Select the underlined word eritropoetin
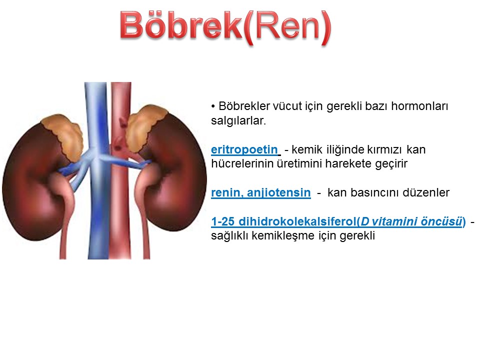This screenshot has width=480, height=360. (x=244, y=149)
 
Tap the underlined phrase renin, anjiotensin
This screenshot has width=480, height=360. (x=261, y=192)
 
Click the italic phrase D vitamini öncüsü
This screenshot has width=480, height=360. (x=411, y=221)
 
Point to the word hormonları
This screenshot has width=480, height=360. (x=419, y=106)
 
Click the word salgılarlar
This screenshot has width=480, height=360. (x=238, y=120)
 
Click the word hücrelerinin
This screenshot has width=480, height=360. (x=242, y=163)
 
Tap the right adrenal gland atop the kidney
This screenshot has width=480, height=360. (x=144, y=127)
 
